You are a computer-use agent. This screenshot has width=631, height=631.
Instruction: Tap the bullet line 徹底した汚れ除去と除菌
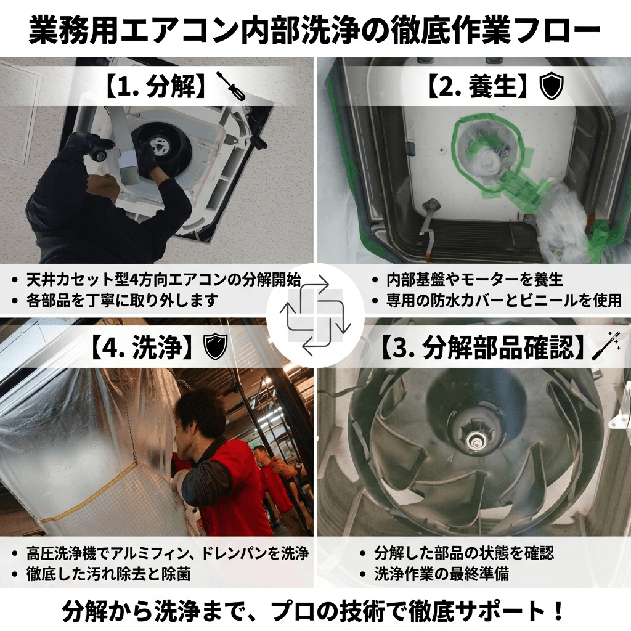108,574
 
